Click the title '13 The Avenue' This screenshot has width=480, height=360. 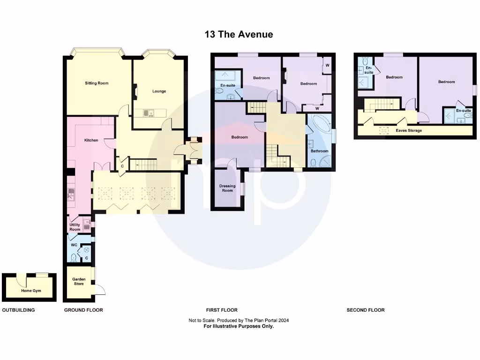click(239, 34)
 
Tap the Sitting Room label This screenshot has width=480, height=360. click(97, 83)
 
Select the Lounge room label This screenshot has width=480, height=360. click(159, 91)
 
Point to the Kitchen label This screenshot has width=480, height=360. click(91, 140)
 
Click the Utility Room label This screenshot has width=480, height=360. click(75, 227)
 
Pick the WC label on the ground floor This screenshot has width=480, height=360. click(74, 245)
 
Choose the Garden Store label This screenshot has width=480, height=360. click(78, 281)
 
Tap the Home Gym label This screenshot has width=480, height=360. click(31, 291)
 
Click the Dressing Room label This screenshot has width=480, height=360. click(227, 188)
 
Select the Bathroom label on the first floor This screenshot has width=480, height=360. click(319, 151)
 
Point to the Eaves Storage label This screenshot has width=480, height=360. click(409, 130)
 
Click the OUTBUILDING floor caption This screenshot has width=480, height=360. click(19, 310)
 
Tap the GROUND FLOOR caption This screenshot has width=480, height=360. click(83, 310)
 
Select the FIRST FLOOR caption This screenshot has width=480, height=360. click(222, 310)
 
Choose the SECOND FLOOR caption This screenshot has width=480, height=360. click(366, 310)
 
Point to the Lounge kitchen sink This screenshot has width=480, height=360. click(147, 113)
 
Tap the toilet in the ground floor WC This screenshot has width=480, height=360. click(74, 257)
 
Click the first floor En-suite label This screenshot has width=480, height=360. click(228, 85)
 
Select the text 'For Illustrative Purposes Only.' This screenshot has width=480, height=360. click(239, 326)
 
